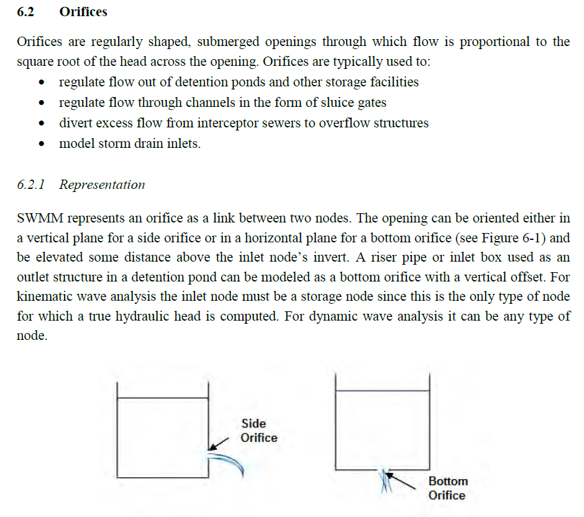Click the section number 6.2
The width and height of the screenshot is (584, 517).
[x=25, y=12]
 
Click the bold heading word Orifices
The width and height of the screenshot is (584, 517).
[x=83, y=12]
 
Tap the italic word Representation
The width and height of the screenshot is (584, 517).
[x=102, y=185]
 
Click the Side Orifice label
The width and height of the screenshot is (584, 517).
[x=258, y=431]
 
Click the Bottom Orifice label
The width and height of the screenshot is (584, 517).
[x=447, y=488]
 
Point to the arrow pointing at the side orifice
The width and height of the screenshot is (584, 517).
[x=218, y=444]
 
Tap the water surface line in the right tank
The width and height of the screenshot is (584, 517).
[x=382, y=391]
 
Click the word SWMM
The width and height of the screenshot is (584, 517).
[x=39, y=219]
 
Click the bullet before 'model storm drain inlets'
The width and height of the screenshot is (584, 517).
[x=42, y=144]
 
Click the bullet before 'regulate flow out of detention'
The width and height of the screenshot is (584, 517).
[x=42, y=83]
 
